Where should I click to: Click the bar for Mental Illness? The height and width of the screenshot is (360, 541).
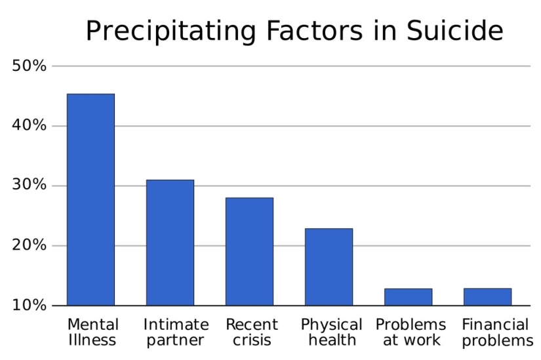(90, 199)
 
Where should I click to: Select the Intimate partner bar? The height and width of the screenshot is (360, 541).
(170, 243)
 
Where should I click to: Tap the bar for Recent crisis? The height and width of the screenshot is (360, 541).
(249, 251)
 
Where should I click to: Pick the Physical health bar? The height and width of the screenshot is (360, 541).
(329, 267)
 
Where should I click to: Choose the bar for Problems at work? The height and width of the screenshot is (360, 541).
(408, 297)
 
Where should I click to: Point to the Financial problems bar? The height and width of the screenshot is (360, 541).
(487, 297)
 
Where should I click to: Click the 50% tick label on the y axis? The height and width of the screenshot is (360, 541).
(29, 66)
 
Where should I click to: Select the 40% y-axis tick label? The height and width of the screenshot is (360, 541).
(29, 126)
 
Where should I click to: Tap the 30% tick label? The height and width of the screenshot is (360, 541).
(29, 186)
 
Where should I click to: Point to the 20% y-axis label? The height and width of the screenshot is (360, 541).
(29, 246)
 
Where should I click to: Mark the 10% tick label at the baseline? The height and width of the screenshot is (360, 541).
(29, 306)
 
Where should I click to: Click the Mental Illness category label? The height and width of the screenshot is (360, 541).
(93, 332)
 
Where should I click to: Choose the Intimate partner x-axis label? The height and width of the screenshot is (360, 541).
(176, 332)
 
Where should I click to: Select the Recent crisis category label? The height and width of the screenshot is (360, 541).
(252, 332)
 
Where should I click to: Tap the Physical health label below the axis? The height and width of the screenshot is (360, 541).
(331, 332)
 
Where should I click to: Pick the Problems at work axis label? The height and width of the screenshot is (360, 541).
(411, 332)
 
